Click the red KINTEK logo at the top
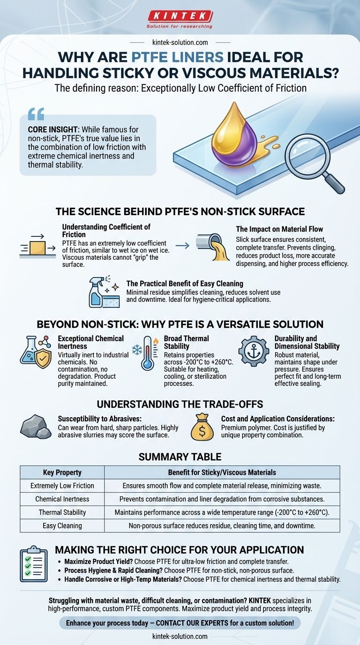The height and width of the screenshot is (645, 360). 180,16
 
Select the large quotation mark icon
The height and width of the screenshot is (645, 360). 36,114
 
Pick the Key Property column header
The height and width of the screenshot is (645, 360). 62,472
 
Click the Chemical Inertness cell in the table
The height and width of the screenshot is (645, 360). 62,499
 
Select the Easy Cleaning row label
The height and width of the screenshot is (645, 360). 62,525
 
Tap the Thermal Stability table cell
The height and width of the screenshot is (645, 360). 62,512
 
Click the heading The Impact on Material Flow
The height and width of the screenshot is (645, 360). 280,229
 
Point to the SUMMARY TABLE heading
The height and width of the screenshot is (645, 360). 180,456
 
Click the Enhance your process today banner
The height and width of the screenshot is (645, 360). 180,623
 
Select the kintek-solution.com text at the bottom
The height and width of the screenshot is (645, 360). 180,636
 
